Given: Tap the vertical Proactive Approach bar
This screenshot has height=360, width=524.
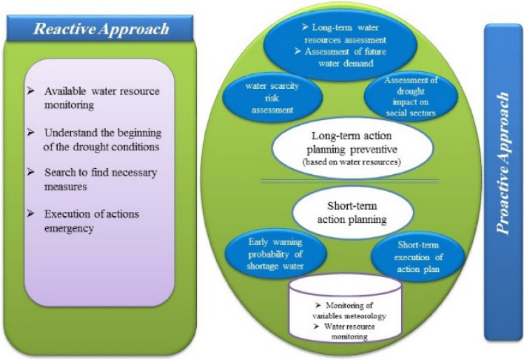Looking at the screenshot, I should [503, 181].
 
